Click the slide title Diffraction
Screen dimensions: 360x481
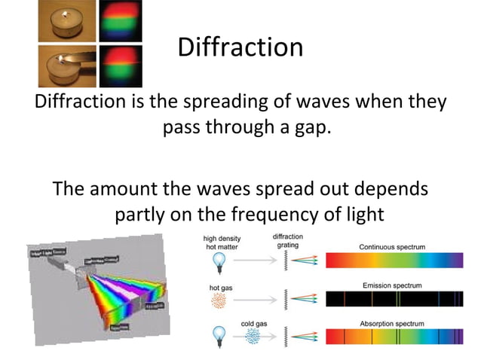(x=240, y=47)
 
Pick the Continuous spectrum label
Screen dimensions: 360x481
(x=392, y=246)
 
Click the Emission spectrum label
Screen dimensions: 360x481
(x=392, y=285)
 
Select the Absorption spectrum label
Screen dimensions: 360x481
(x=392, y=324)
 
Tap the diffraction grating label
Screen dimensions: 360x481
(x=287, y=240)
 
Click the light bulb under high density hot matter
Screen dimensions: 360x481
(x=219, y=261)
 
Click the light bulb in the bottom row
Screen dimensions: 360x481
(x=219, y=336)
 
